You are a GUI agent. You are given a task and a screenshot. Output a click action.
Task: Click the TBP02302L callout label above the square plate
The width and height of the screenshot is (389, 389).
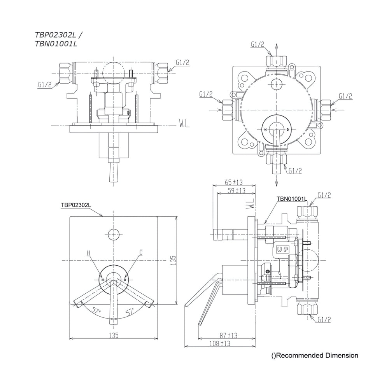(x=76, y=205)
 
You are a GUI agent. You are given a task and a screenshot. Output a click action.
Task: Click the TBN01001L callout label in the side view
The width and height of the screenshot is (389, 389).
(x=292, y=199)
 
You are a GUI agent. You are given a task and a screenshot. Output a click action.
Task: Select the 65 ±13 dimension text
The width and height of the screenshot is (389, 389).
(x=234, y=182)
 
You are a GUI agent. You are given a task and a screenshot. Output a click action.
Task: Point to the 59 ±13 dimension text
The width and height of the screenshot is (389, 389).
(x=237, y=191)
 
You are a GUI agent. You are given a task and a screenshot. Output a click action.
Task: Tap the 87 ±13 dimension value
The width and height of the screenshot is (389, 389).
(x=228, y=335)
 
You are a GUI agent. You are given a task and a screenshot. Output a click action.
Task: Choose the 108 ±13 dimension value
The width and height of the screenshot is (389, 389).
(x=220, y=343)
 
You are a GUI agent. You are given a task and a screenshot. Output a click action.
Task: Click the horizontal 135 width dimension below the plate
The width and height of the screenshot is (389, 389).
(x=114, y=335)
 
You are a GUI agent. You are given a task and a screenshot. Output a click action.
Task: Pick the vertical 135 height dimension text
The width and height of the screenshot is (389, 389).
(x=173, y=261)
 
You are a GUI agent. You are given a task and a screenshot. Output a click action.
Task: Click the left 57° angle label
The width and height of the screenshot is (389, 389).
(x=96, y=310)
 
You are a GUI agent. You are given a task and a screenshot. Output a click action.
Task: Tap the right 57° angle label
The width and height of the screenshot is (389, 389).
(x=130, y=311)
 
